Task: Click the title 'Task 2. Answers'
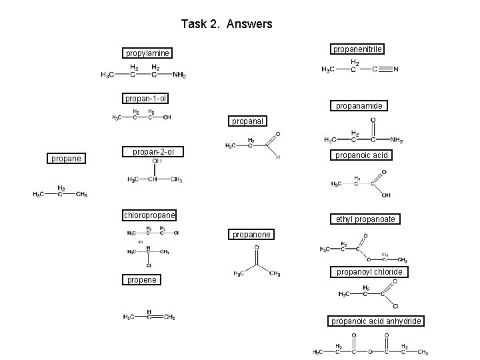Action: pos(227,24)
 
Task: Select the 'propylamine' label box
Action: pos(147,53)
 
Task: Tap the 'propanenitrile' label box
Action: pos(358,49)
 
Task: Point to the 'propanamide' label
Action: pos(358,106)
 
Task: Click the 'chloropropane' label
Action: pos(149,215)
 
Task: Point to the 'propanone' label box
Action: pos(251,235)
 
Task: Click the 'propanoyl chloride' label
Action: pos(369,272)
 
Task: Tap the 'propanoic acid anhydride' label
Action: pos(376,321)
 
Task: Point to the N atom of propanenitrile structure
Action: pos(396,69)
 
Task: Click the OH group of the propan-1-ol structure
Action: pos(167,118)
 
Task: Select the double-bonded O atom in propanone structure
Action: pos(257,248)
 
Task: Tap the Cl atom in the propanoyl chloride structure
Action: pos(395,306)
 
